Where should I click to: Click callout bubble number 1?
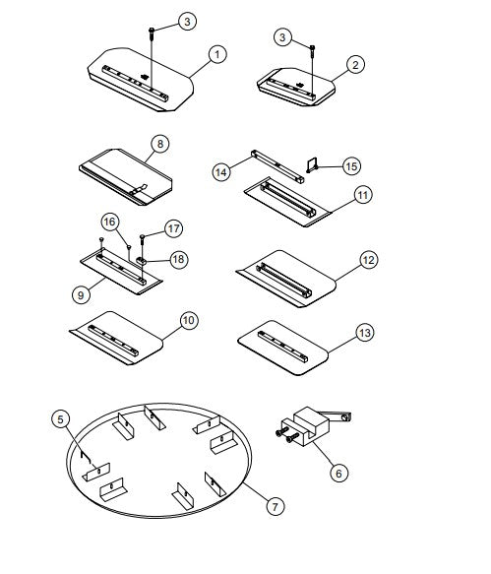[x=217, y=55]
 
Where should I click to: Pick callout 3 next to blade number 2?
[x=283, y=37]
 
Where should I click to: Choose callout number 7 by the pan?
[x=276, y=506]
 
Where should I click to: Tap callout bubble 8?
[x=157, y=144]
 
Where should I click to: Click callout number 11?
[x=363, y=194]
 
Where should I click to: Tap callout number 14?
[x=221, y=171]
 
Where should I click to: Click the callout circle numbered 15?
[x=351, y=165]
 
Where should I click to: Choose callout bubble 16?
[x=109, y=223]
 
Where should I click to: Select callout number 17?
[x=174, y=228]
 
